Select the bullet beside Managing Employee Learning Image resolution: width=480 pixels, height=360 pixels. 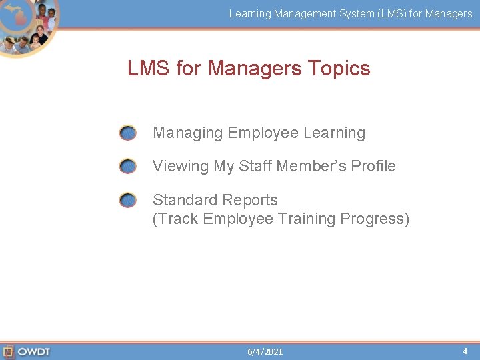127,133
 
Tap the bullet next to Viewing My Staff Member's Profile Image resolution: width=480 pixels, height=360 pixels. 127,167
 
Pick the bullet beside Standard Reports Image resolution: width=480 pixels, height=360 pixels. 127,200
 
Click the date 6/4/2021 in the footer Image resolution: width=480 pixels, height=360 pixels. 265,351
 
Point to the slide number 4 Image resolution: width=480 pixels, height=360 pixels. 465,351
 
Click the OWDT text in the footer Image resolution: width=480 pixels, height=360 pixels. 34,351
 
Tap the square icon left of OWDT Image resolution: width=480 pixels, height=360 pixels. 9,351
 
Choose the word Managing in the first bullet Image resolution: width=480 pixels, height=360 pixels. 188,133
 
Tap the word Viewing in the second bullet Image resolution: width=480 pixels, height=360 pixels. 181,166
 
